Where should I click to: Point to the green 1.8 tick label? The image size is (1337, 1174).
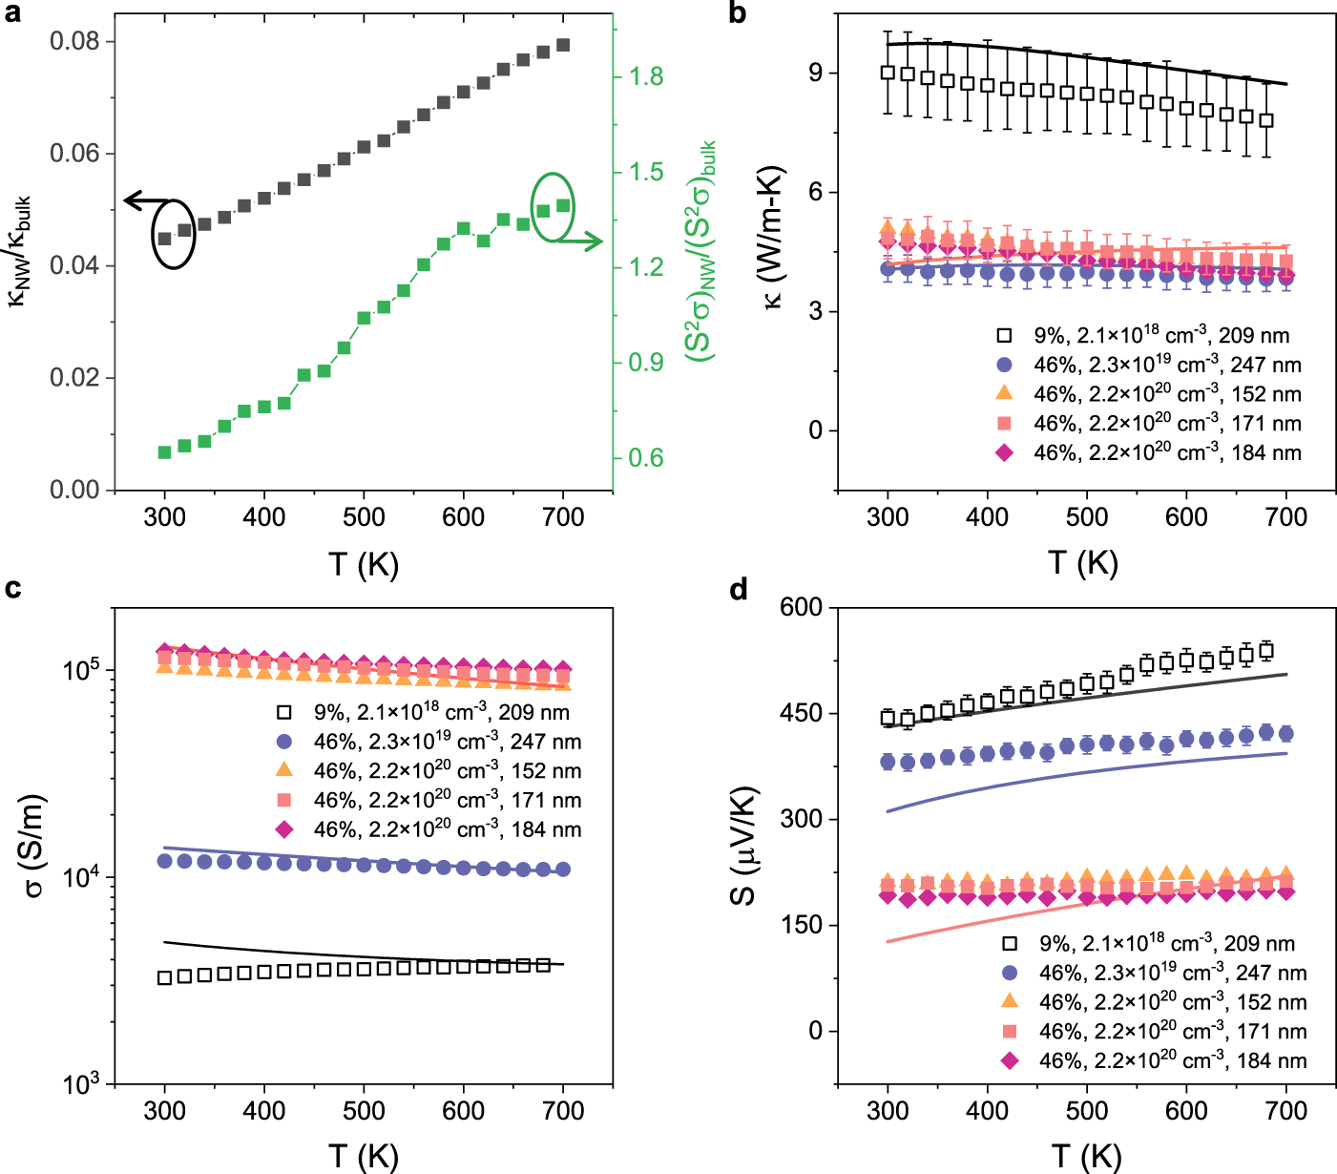tap(646, 76)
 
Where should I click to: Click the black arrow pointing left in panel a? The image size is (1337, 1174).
tap(141, 201)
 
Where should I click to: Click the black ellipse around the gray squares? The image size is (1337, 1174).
tap(173, 234)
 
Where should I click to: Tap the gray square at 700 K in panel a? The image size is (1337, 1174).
tap(563, 45)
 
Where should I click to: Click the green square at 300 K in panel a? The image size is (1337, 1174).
tap(164, 451)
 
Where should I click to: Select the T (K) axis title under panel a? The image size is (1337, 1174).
tap(363, 564)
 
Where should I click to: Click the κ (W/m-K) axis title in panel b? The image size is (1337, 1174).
tap(772, 236)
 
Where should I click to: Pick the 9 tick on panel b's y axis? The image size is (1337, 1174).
tap(815, 73)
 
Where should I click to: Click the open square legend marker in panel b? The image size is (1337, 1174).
tap(1004, 335)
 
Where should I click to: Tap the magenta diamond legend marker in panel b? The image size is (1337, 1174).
tap(1004, 452)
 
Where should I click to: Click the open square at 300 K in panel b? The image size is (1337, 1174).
tap(888, 73)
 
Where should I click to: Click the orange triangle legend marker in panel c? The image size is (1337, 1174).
tap(283, 769)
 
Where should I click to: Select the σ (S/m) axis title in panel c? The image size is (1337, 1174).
tap(33, 846)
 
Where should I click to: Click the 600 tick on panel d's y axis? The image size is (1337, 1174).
tap(802, 607)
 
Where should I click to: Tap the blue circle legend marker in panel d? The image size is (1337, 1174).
tap(1010, 973)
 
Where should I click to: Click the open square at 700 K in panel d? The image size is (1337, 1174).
tap(1266, 652)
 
